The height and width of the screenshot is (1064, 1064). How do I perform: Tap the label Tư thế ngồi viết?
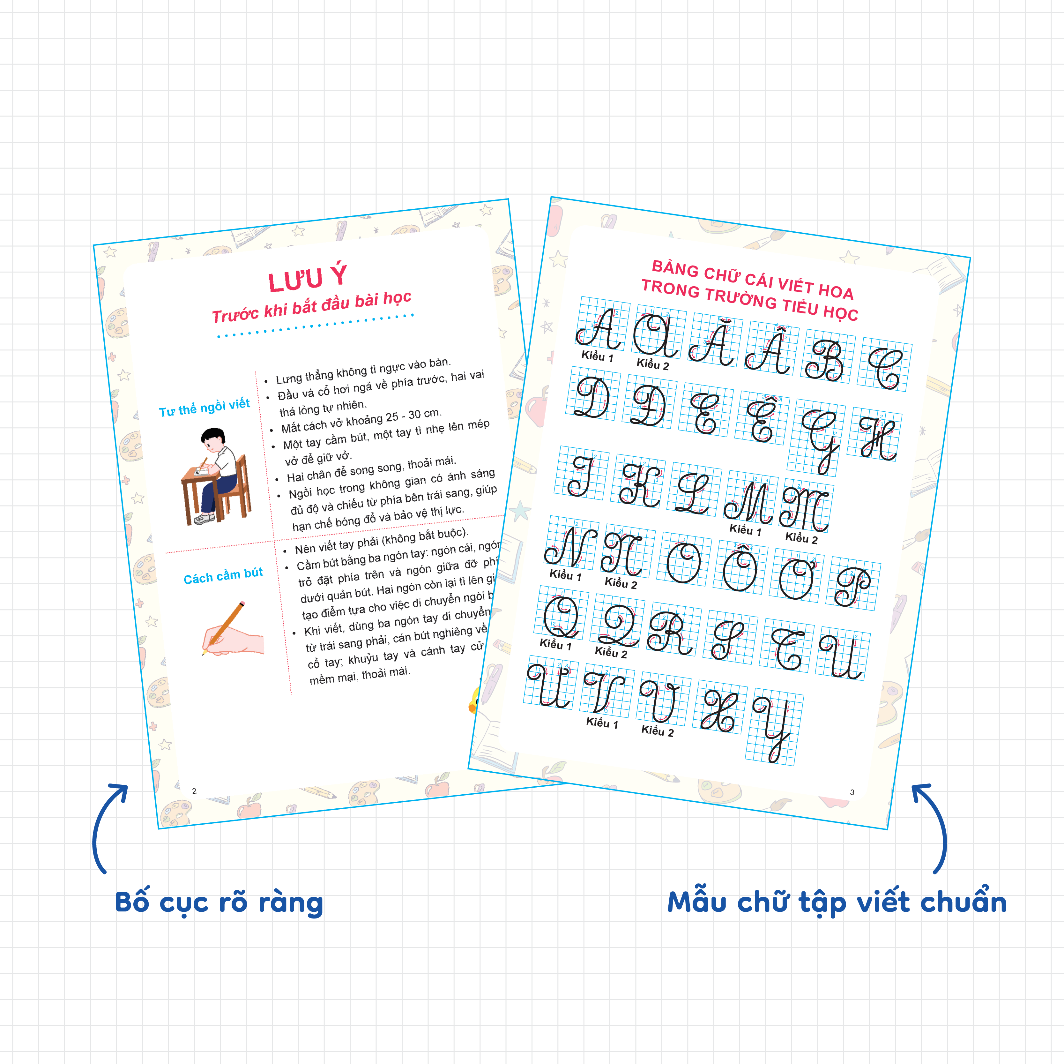coord(204,407)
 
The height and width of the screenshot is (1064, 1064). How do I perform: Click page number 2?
coord(194,791)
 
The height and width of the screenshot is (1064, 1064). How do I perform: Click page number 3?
coord(852,792)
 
